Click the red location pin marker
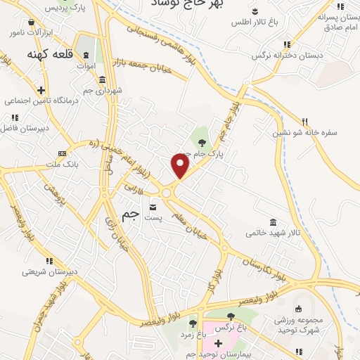point(181,166)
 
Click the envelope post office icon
point(153,207)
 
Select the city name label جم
point(131,216)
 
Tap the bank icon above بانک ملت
point(63,153)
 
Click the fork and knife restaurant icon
point(304,121)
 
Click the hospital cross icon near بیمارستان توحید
point(218,342)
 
